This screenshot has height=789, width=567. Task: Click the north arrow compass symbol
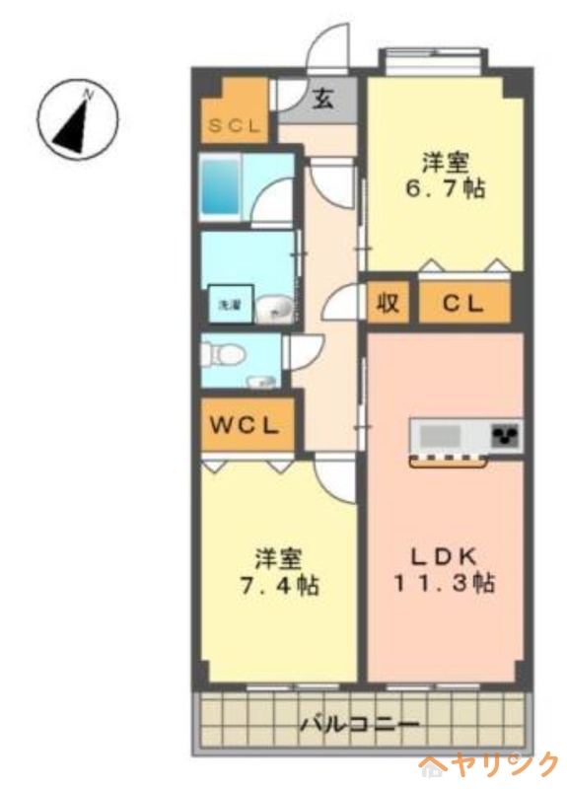pyautogui.click(x=78, y=120)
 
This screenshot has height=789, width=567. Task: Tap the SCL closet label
pyautogui.click(x=234, y=127)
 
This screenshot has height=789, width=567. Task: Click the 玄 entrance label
pyautogui.click(x=323, y=99)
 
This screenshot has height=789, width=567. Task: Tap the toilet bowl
pyautogui.click(x=223, y=350)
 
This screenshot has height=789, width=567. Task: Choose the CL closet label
pyautogui.click(x=463, y=304)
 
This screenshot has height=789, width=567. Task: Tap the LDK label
pyautogui.click(x=444, y=554)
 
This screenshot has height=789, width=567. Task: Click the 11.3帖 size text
pyautogui.click(x=444, y=583)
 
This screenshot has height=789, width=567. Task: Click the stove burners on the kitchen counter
pyautogui.click(x=506, y=435)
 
